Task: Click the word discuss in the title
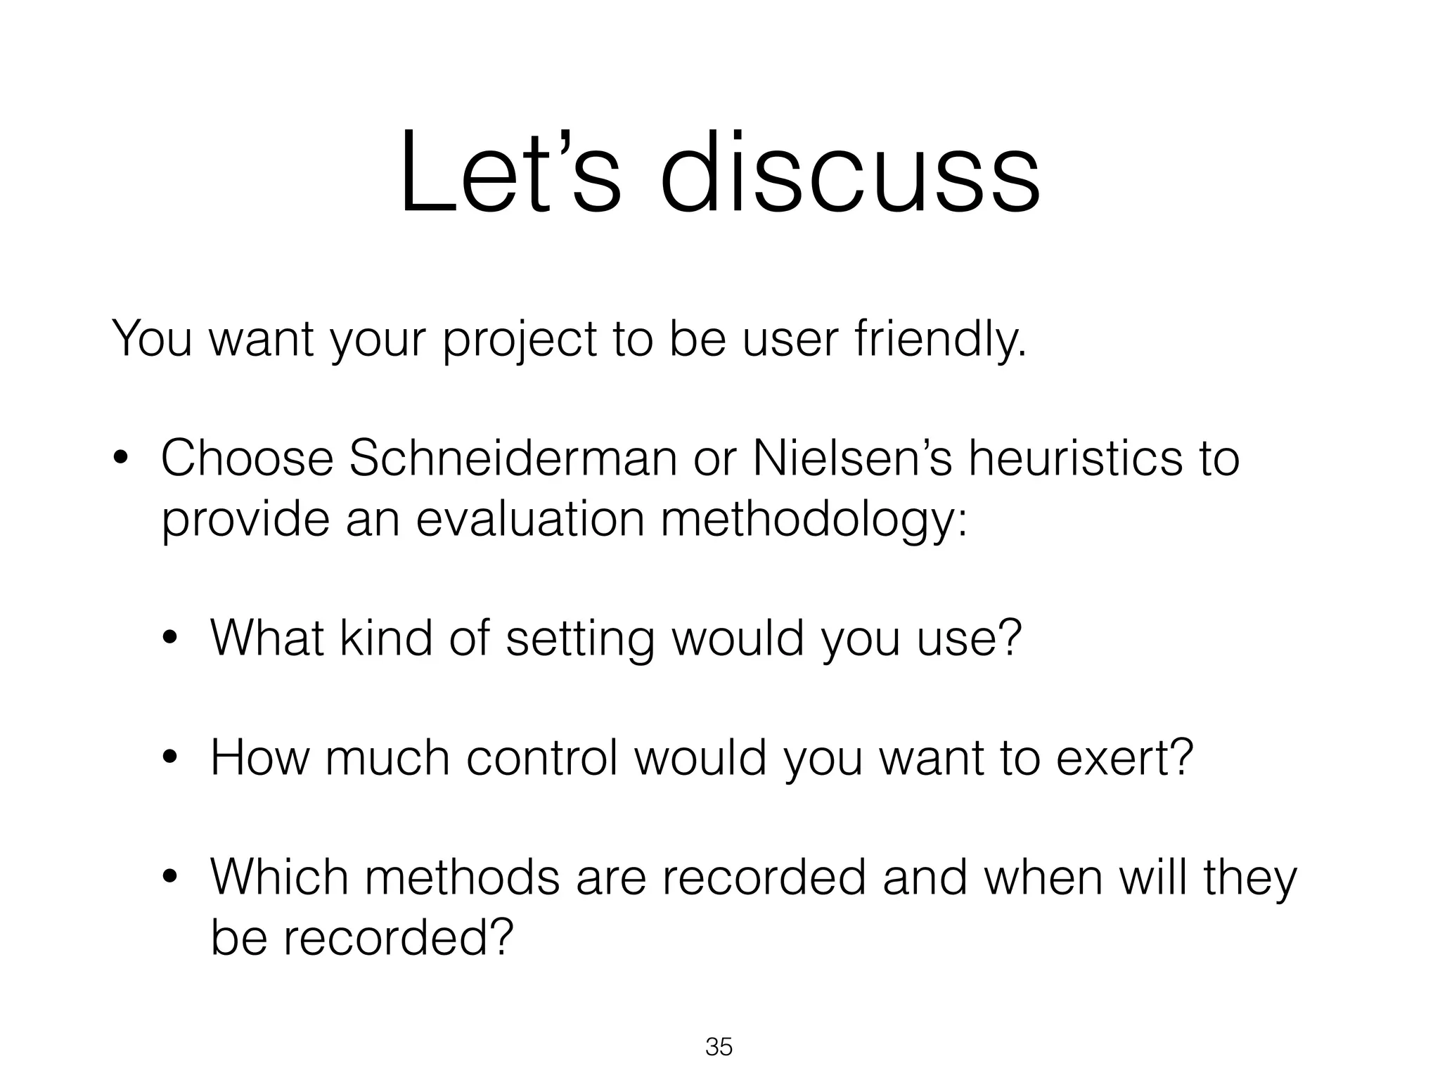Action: pos(850,172)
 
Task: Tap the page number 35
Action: pos(719,1047)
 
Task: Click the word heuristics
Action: pos(1068,458)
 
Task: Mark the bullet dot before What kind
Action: pos(169,640)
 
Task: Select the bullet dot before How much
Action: pos(169,759)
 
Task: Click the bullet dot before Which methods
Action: pos(169,878)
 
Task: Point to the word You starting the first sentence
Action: pos(151,340)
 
